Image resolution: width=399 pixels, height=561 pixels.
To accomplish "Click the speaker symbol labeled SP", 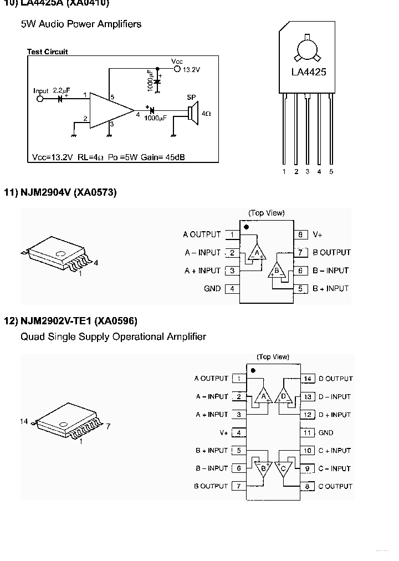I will point(191,114).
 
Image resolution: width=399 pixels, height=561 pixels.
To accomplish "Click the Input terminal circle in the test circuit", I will point(39,99).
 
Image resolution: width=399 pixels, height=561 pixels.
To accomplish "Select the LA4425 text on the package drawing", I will point(309,72).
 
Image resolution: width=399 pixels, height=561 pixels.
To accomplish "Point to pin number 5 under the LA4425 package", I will point(331,172).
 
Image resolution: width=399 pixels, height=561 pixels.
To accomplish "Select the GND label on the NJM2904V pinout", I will point(212,288).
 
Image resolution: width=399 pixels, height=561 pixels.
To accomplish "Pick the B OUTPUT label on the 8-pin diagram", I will point(331,252).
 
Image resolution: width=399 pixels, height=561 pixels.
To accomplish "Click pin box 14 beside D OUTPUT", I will point(308,379).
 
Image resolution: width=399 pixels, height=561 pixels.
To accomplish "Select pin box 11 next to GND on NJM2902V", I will point(308,432).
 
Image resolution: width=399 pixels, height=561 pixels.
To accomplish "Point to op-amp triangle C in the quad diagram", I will point(284,468).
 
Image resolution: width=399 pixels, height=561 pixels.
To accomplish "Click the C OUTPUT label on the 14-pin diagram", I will point(335,486).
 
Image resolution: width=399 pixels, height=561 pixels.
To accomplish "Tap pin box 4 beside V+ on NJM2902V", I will point(239,432).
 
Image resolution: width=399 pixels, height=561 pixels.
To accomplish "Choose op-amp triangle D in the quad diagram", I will point(284,396).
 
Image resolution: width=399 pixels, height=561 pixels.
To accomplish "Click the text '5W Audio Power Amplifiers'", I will point(81,24).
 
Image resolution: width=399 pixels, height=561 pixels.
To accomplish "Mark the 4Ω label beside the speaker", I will point(206,114).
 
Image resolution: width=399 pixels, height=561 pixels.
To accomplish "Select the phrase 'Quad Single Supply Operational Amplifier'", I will point(113,336).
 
